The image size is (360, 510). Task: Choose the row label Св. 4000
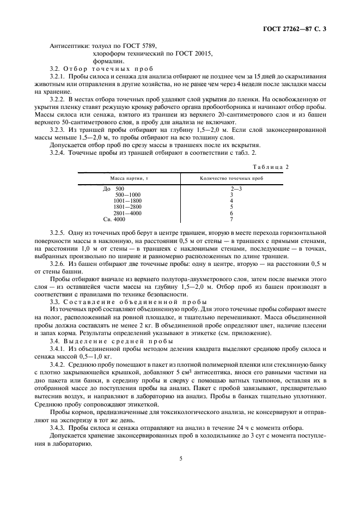[114, 219]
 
